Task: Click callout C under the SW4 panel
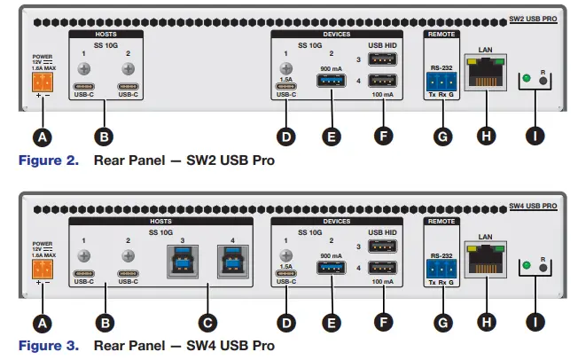[x=206, y=322]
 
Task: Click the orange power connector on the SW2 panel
[x=40, y=82]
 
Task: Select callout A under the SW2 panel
[x=39, y=137]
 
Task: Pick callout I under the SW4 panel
[x=534, y=322]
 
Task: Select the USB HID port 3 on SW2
[x=382, y=61]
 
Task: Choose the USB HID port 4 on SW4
[x=382, y=269]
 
